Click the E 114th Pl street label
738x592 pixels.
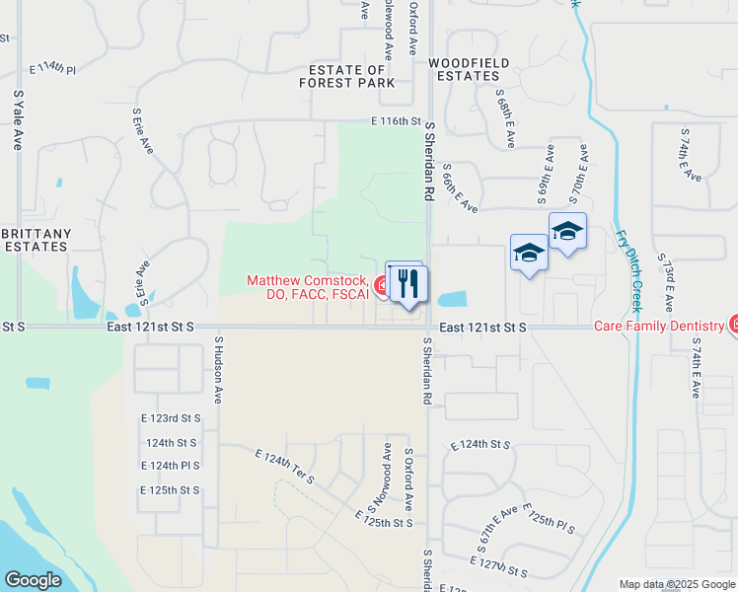tap(52, 69)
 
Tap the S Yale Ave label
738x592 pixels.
tap(18, 120)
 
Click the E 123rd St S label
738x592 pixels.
tap(172, 418)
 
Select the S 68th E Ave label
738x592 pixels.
tap(505, 115)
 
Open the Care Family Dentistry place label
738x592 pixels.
tap(660, 325)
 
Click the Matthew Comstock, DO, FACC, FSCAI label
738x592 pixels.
tap(307, 287)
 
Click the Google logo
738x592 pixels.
tap(32, 580)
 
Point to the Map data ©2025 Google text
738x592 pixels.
tap(675, 584)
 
